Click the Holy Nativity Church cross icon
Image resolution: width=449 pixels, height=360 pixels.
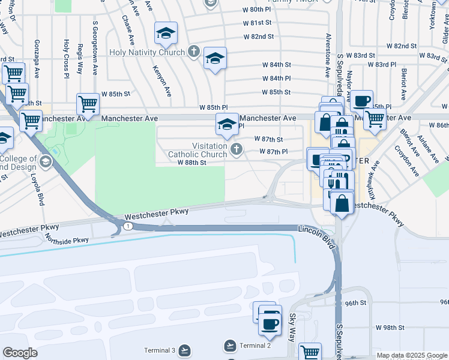[193, 52]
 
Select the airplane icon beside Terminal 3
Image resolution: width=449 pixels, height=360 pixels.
[184, 350]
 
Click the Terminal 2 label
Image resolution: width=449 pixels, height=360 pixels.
[255, 346]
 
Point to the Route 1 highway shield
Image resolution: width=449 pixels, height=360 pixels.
[128, 226]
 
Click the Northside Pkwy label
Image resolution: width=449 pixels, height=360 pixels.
[67, 239]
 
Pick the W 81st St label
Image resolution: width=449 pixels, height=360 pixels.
[258, 23]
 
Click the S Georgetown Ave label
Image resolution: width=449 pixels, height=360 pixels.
[95, 48]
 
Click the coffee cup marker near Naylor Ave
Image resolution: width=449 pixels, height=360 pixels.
[361, 101]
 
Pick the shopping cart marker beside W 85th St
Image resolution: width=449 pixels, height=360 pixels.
[88, 104]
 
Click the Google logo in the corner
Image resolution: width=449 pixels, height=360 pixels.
[20, 353]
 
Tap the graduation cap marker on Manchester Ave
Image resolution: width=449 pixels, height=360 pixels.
[227, 125]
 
